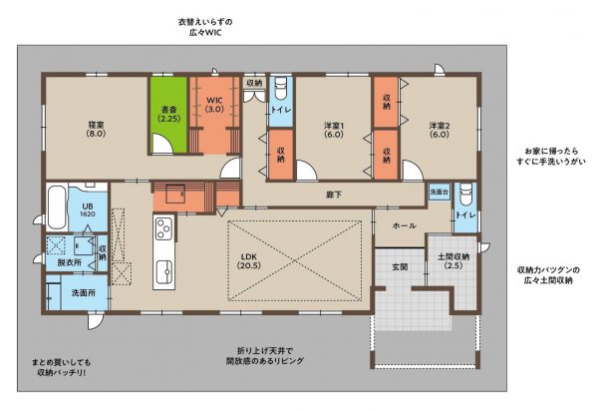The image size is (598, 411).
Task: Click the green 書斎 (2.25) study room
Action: coord(168,115)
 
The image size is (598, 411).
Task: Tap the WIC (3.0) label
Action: coord(214,105)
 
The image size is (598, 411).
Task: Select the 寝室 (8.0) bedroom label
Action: coord(96,129)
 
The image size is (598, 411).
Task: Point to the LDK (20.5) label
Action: coord(249,261)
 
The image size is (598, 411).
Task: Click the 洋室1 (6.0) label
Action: coord(334,130)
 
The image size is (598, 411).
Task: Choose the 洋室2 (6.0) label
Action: coord(439,130)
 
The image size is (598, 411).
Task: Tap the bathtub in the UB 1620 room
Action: coord(57,207)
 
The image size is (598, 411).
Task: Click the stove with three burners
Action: coord(164,228)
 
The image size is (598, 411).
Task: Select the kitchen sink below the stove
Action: coord(164,272)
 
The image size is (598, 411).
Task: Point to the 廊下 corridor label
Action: coord(334,195)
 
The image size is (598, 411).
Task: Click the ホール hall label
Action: coord(404,225)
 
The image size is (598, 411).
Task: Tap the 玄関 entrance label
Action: coord(400,266)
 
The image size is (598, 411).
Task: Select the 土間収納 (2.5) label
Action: coord(453,261)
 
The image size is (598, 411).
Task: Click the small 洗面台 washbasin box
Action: coord(440,192)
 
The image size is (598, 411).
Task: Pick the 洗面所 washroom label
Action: coord(84,292)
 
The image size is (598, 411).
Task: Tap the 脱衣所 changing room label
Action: coord(70,262)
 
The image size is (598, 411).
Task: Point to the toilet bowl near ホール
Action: coord(465,195)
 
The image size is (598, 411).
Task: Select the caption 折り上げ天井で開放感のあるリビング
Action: coord(265,356)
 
